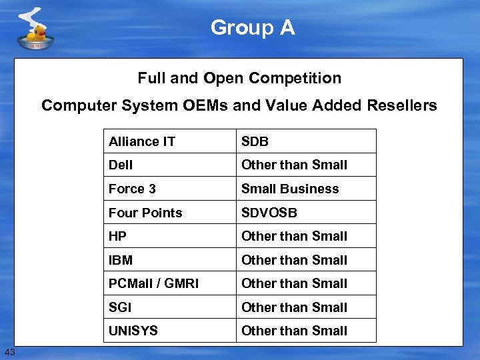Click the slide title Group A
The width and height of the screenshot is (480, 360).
253,28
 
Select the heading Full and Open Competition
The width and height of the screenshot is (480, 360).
239,78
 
